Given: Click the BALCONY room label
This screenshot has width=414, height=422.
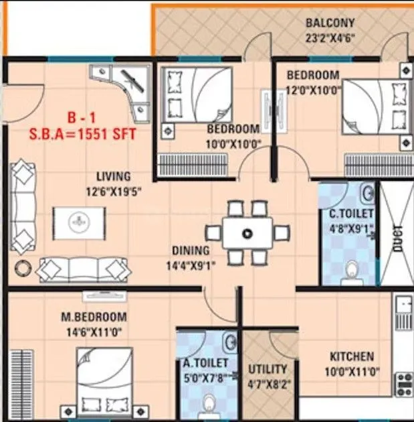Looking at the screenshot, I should [330, 23].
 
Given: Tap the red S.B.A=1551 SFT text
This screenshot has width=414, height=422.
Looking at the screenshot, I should [84, 133].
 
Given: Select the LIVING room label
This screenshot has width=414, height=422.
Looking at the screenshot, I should [112, 177].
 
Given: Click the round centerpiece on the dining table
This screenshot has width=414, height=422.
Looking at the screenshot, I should [247, 234].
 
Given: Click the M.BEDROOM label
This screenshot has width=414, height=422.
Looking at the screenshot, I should [94, 316].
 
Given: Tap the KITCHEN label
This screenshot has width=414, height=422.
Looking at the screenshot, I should [352, 356].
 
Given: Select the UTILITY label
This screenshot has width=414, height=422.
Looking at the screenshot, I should [268, 369].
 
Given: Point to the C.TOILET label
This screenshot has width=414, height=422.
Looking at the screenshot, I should [350, 214].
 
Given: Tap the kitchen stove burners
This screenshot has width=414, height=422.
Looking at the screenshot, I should [403, 383].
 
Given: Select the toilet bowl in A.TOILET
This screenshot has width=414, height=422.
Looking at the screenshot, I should [208, 404].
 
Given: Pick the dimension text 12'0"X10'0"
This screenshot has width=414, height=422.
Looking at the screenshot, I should [314, 88].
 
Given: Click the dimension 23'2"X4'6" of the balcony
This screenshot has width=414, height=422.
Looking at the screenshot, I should [330, 38].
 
